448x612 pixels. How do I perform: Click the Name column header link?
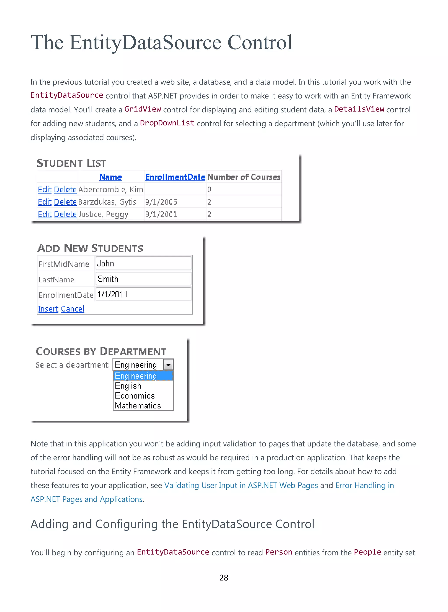(110, 177)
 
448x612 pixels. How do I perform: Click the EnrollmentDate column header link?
(175, 177)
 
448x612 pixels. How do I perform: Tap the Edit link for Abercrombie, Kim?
(44, 190)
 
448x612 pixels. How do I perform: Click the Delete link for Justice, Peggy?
(65, 214)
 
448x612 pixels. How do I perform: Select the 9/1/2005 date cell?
(161, 202)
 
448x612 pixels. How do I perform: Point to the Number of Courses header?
(243, 177)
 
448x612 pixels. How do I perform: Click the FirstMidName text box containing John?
(143, 263)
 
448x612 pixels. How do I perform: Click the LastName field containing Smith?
(143, 279)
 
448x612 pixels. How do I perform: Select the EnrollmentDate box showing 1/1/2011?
(143, 294)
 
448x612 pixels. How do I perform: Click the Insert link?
(48, 309)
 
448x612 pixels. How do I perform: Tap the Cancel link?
(72, 309)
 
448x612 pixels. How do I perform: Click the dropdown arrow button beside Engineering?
(168, 365)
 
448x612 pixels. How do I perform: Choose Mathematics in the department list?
(138, 406)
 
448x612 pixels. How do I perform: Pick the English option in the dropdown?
(128, 386)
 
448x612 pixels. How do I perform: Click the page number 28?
(224, 578)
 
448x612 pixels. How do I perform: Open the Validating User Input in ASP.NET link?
(241, 485)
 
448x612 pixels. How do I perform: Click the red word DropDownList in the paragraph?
(167, 123)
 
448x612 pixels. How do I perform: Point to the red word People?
(367, 552)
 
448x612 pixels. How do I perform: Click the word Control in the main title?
(260, 43)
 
